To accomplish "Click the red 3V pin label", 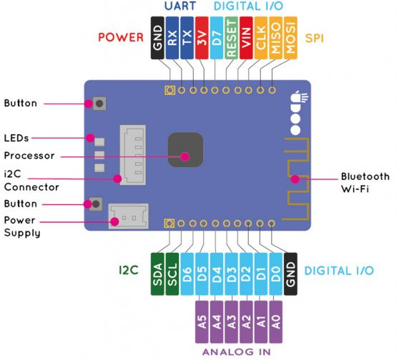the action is pyautogui.click(x=202, y=38).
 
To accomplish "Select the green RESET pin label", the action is pyautogui.click(x=231, y=38).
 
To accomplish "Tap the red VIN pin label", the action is pyautogui.click(x=246, y=38).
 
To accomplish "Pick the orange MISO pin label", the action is pyautogui.click(x=275, y=38).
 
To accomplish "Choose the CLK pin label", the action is pyautogui.click(x=261, y=38).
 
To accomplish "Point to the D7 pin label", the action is pyautogui.click(x=217, y=38).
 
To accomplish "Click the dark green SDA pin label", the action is pyautogui.click(x=157, y=274).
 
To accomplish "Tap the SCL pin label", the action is pyautogui.click(x=172, y=274).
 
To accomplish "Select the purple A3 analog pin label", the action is pyautogui.click(x=231, y=322).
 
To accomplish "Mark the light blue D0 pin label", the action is pyautogui.click(x=275, y=274).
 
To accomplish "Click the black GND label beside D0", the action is pyautogui.click(x=290, y=274).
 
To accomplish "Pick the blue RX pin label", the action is pyautogui.click(x=172, y=38).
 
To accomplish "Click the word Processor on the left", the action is pyautogui.click(x=29, y=156).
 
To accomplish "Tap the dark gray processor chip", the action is pyautogui.click(x=185, y=150).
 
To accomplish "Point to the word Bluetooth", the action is pyautogui.click(x=365, y=176).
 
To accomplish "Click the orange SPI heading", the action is pyautogui.click(x=314, y=38).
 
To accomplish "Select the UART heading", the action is pyautogui.click(x=180, y=6).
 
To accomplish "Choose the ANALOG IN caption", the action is pyautogui.click(x=237, y=352).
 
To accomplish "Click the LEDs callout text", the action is pyautogui.click(x=16, y=138).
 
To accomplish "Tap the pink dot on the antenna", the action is pyautogui.click(x=295, y=179).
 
